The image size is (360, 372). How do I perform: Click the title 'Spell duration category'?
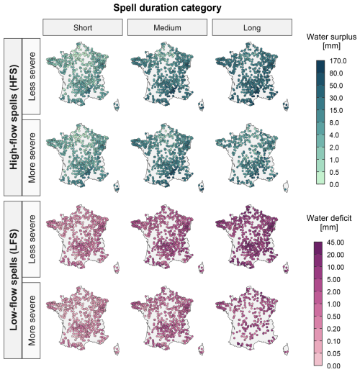pyautogui.click(x=167, y=8)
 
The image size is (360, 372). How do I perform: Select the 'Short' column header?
pyautogui.click(x=83, y=27)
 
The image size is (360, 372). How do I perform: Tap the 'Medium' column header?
pyautogui.click(x=167, y=27)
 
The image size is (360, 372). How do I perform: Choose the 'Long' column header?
pyautogui.click(x=252, y=27)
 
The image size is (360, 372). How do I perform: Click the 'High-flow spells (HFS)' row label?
pyautogui.click(x=14, y=117)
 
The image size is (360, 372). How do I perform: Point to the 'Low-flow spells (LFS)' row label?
pyautogui.click(x=14, y=280)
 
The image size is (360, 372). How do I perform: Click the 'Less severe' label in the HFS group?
pyautogui.click(x=32, y=76)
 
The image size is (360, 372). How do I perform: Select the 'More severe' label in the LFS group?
pyautogui.click(x=32, y=320)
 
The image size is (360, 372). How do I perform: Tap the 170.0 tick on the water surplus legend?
pyautogui.click(x=338, y=61)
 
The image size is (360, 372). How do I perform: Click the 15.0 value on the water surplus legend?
pyautogui.click(x=336, y=111)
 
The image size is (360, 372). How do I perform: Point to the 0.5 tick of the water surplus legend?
pyautogui.click(x=334, y=172)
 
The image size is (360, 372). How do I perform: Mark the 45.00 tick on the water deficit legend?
pyautogui.click(x=336, y=242)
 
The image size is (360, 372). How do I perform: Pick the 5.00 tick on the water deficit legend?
pyautogui.click(x=333, y=279)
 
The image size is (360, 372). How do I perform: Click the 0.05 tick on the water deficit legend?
pyautogui.click(x=333, y=353)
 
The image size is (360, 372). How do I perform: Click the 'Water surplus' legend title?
pyautogui.click(x=331, y=37)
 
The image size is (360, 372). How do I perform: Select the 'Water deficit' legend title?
pyautogui.click(x=329, y=218)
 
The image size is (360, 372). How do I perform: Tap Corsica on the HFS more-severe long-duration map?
pyautogui.click(x=286, y=186)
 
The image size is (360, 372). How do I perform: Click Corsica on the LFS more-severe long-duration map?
pyautogui.click(x=286, y=349)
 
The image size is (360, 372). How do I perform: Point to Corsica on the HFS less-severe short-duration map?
pyautogui.click(x=117, y=105)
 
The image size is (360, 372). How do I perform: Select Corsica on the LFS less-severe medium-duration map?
pyautogui.click(x=201, y=268)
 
